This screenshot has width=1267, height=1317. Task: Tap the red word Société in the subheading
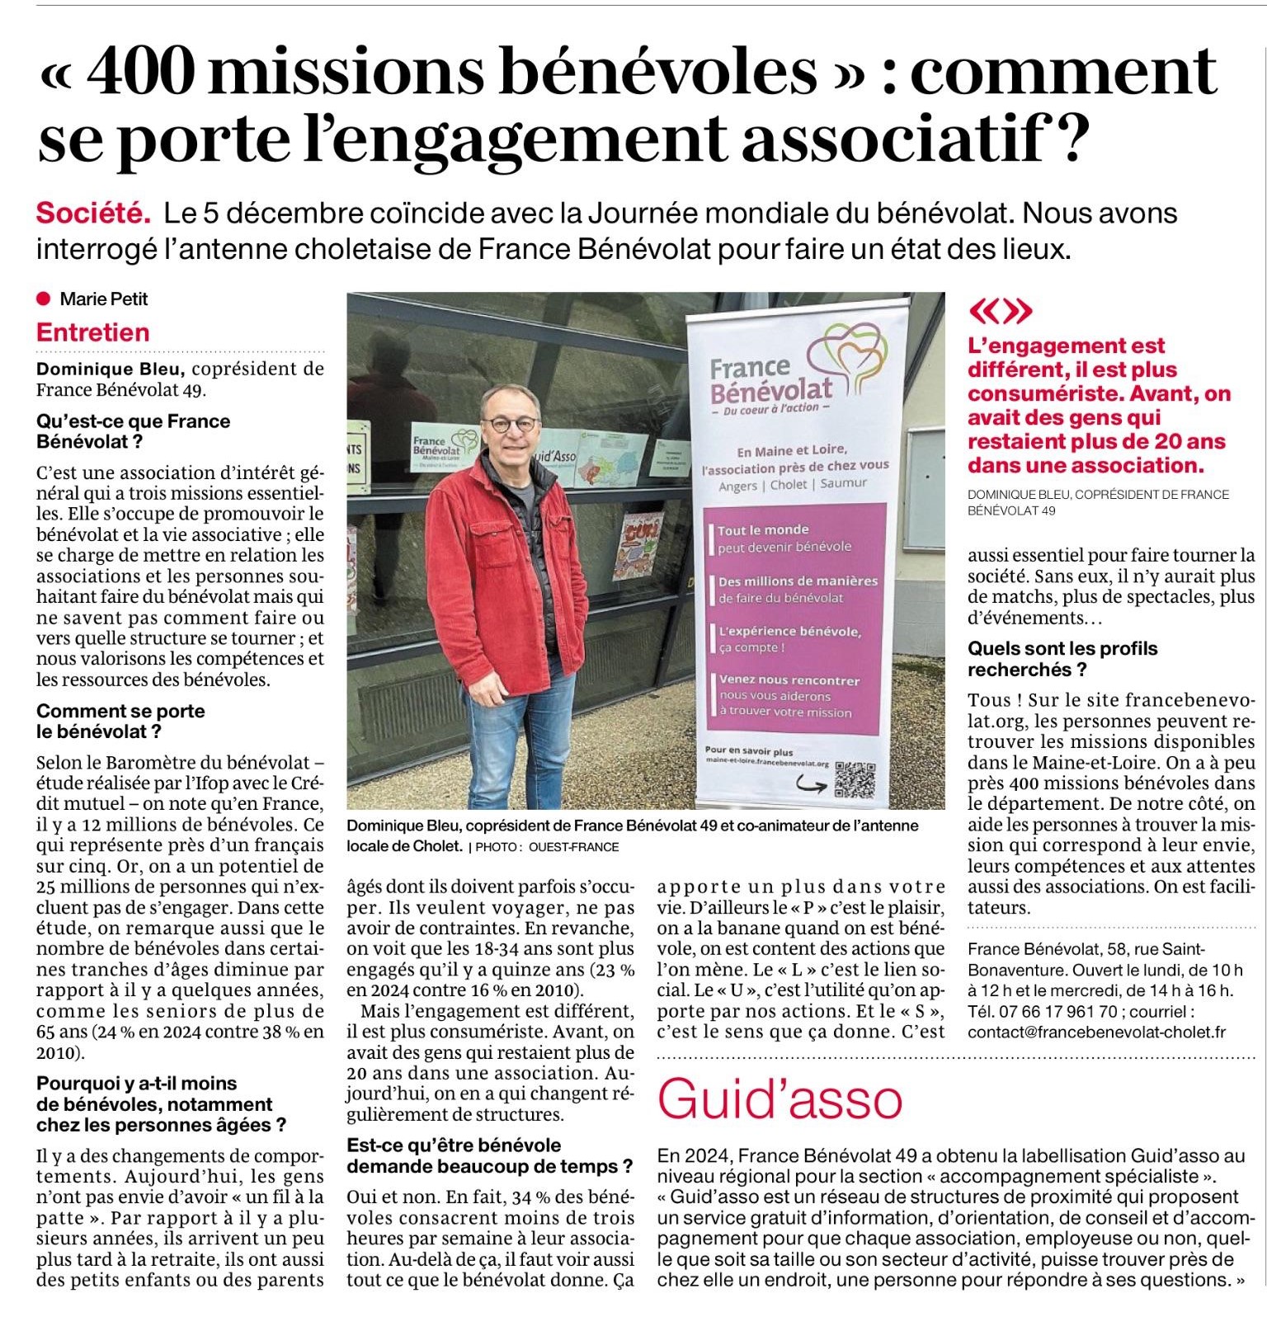click(x=93, y=214)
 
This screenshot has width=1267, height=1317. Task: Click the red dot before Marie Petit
click(x=44, y=299)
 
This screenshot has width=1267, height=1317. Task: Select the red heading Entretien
click(x=92, y=332)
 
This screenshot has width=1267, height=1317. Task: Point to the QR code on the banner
click(x=855, y=779)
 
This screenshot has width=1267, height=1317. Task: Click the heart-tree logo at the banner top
click(x=846, y=356)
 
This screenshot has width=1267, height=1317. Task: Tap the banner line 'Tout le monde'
click(x=763, y=529)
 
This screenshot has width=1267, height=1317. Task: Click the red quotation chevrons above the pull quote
click(x=1000, y=311)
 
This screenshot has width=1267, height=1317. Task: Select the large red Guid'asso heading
click(x=780, y=1098)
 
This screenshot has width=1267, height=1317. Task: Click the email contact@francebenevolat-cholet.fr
click(x=1096, y=1032)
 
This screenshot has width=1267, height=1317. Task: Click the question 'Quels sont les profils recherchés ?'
click(x=1062, y=659)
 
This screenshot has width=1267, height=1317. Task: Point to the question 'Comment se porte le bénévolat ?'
click(x=120, y=721)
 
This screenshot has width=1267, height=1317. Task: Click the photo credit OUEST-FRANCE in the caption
click(x=573, y=847)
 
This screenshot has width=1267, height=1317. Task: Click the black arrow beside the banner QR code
click(x=811, y=785)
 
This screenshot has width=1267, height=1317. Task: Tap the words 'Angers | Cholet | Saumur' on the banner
click(x=792, y=484)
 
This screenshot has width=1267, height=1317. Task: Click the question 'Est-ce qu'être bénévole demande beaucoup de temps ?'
click(x=489, y=1155)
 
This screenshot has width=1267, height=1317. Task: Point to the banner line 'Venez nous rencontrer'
click(x=789, y=680)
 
